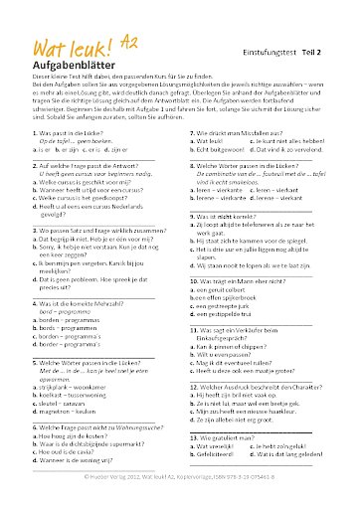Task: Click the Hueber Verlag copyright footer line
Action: [x=180, y=477]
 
